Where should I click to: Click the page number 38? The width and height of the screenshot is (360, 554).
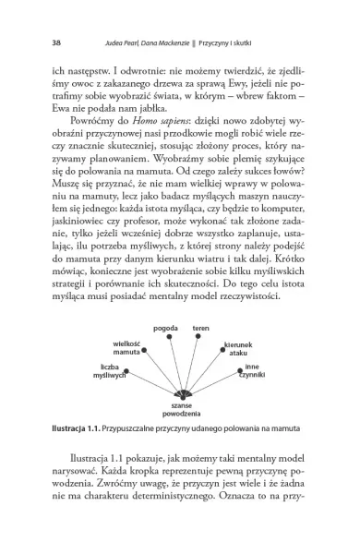click(32, 41)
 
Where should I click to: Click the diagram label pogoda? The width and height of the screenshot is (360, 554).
click(166, 328)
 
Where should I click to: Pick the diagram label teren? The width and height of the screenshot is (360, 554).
click(200, 328)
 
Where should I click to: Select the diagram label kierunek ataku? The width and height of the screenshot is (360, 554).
click(239, 349)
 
